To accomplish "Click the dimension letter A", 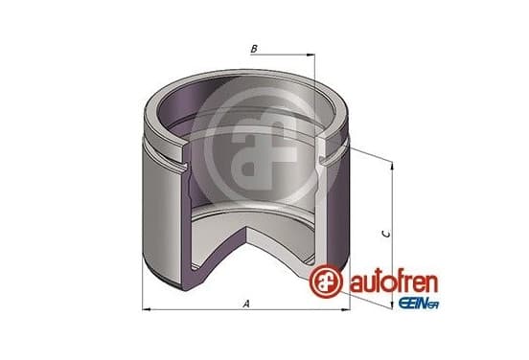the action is coord(246,304).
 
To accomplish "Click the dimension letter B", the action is coord(254,49).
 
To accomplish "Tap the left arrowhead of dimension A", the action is coord(146,309).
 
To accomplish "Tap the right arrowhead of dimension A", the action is coord(347,309).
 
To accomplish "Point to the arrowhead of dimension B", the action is coord(310,55).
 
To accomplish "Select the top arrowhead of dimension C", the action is coord(392,166).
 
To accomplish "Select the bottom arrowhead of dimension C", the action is coord(392,304).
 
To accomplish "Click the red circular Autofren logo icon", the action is coord(326,281).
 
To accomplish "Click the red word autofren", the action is coord(393,282).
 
